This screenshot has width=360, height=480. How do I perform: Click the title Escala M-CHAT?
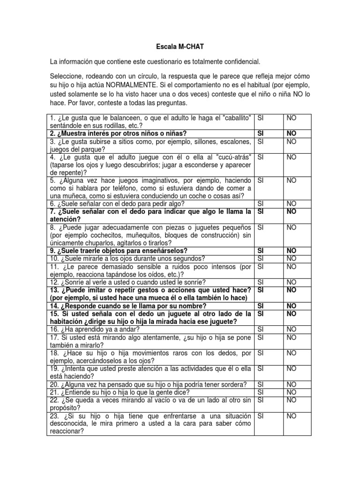pos(180,47)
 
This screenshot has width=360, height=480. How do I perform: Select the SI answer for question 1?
pos(262,118)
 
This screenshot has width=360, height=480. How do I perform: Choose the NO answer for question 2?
pos(292,134)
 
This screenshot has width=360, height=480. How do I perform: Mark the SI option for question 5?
pos(262,180)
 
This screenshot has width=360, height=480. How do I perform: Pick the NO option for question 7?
pos(292,212)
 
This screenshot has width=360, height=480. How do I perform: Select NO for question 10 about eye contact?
pos(291,258)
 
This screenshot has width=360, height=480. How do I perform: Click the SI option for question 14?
pos(262,306)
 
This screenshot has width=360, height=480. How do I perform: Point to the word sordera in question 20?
pos(233,384)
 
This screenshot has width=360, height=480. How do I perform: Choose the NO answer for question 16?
pos(291,330)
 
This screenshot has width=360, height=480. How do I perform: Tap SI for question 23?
pos(262,416)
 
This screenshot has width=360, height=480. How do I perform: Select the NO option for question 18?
pos(291,353)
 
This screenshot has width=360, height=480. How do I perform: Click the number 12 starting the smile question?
pos(53,282)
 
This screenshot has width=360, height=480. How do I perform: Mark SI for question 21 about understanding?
pos(262,392)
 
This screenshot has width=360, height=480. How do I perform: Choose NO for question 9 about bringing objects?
pos(292,251)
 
